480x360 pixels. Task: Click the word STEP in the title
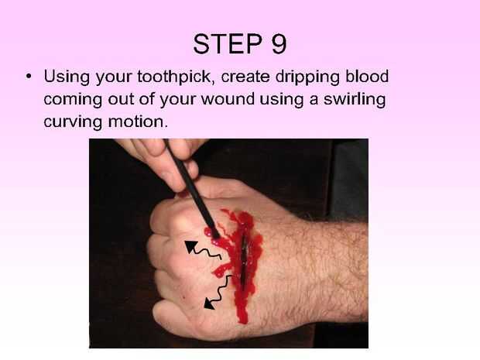pyautogui.click(x=228, y=44)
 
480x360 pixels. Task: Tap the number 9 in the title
pyautogui.click(x=279, y=44)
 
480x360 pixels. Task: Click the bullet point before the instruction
pyautogui.click(x=29, y=76)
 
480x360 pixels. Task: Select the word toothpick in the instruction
pyautogui.click(x=174, y=77)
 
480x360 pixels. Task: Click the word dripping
pyautogui.click(x=307, y=77)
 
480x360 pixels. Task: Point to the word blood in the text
pyautogui.click(x=367, y=76)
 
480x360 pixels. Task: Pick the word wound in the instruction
pyautogui.click(x=228, y=99)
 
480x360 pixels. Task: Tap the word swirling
pyautogui.click(x=355, y=100)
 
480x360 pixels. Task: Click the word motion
pyautogui.click(x=138, y=122)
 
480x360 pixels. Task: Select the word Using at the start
pyautogui.click(x=67, y=77)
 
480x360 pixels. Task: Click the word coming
pyautogui.click(x=73, y=100)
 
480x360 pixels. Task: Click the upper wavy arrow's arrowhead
pyautogui.click(x=190, y=246)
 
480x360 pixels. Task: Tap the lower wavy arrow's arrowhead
pyautogui.click(x=209, y=303)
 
